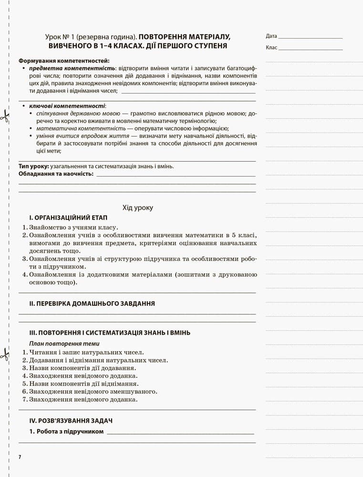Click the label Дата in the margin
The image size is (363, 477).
pyautogui.click(x=271, y=36)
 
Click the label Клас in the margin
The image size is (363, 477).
pyautogui.click(x=271, y=48)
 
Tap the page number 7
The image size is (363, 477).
pyautogui.click(x=20, y=457)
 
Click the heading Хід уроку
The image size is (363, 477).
pyautogui.click(x=138, y=207)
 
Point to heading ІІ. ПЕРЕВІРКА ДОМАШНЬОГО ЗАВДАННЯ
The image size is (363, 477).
pyautogui.click(x=92, y=303)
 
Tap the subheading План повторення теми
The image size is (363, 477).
pyautogui.click(x=64, y=343)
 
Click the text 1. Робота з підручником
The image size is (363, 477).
pyautogui.click(x=66, y=432)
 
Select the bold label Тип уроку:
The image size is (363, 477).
pyautogui.click(x=33, y=166)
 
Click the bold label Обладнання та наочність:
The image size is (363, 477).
pyautogui.click(x=56, y=174)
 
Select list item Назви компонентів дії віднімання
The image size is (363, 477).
pyautogui.click(x=83, y=384)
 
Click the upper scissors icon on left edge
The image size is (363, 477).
pyautogui.click(x=5, y=115)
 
